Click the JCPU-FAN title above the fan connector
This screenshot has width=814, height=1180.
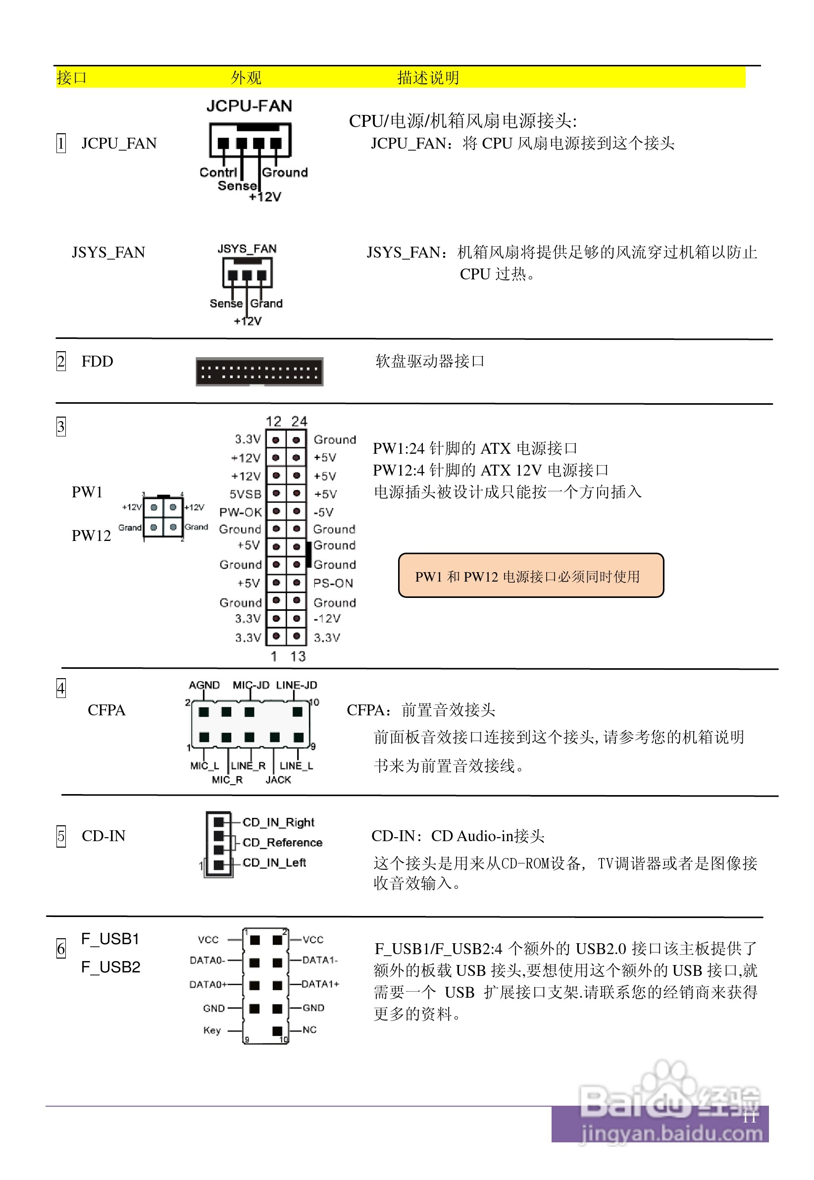click(x=249, y=106)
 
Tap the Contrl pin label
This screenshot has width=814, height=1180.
click(x=218, y=172)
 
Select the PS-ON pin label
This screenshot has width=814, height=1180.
click(x=333, y=583)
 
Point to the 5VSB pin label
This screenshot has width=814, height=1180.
click(x=245, y=494)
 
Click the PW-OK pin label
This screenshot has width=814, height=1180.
click(x=240, y=512)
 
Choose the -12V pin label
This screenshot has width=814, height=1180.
click(x=327, y=619)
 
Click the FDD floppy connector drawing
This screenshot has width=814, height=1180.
click(x=259, y=372)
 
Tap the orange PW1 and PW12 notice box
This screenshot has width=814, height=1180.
click(x=530, y=576)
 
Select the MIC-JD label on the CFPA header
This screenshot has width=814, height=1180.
click(x=251, y=685)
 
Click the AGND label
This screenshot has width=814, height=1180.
click(x=204, y=685)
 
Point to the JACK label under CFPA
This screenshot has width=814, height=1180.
click(x=278, y=780)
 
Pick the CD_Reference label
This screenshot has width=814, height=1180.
click(x=282, y=842)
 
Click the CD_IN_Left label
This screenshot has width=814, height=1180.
click(x=274, y=862)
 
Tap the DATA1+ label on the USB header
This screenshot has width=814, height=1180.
click(x=320, y=984)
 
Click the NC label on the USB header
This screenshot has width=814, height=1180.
click(x=309, y=1029)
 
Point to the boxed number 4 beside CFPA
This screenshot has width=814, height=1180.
click(x=61, y=688)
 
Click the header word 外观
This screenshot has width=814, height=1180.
click(x=246, y=78)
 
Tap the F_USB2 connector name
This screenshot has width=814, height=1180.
click(x=111, y=967)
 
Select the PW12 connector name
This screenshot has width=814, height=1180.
click(x=91, y=536)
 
